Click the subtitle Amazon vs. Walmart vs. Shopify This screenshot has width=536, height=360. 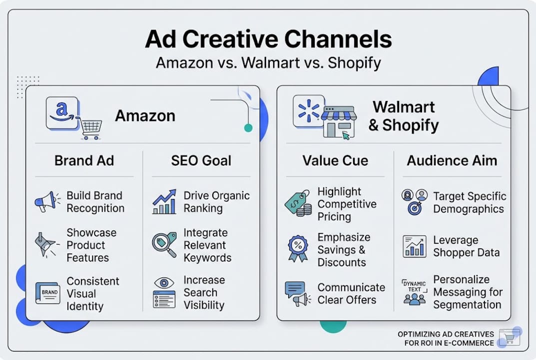(x=268, y=63)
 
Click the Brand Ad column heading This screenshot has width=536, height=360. (x=84, y=160)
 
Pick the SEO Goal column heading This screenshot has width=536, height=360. (x=201, y=160)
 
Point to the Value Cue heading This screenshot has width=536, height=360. (x=335, y=160)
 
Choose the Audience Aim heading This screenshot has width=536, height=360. (x=452, y=160)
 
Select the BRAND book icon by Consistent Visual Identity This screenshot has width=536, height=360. (x=48, y=292)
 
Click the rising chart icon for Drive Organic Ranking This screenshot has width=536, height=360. (x=164, y=201)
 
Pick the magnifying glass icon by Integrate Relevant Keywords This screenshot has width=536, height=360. (x=164, y=244)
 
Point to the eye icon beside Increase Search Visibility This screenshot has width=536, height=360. (x=164, y=292)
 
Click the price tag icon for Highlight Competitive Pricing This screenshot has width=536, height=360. (x=298, y=203)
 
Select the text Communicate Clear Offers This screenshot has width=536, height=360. (x=351, y=293)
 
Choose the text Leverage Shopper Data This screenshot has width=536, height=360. (x=466, y=246)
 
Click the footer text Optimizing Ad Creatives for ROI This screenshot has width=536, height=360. (x=446, y=338)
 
